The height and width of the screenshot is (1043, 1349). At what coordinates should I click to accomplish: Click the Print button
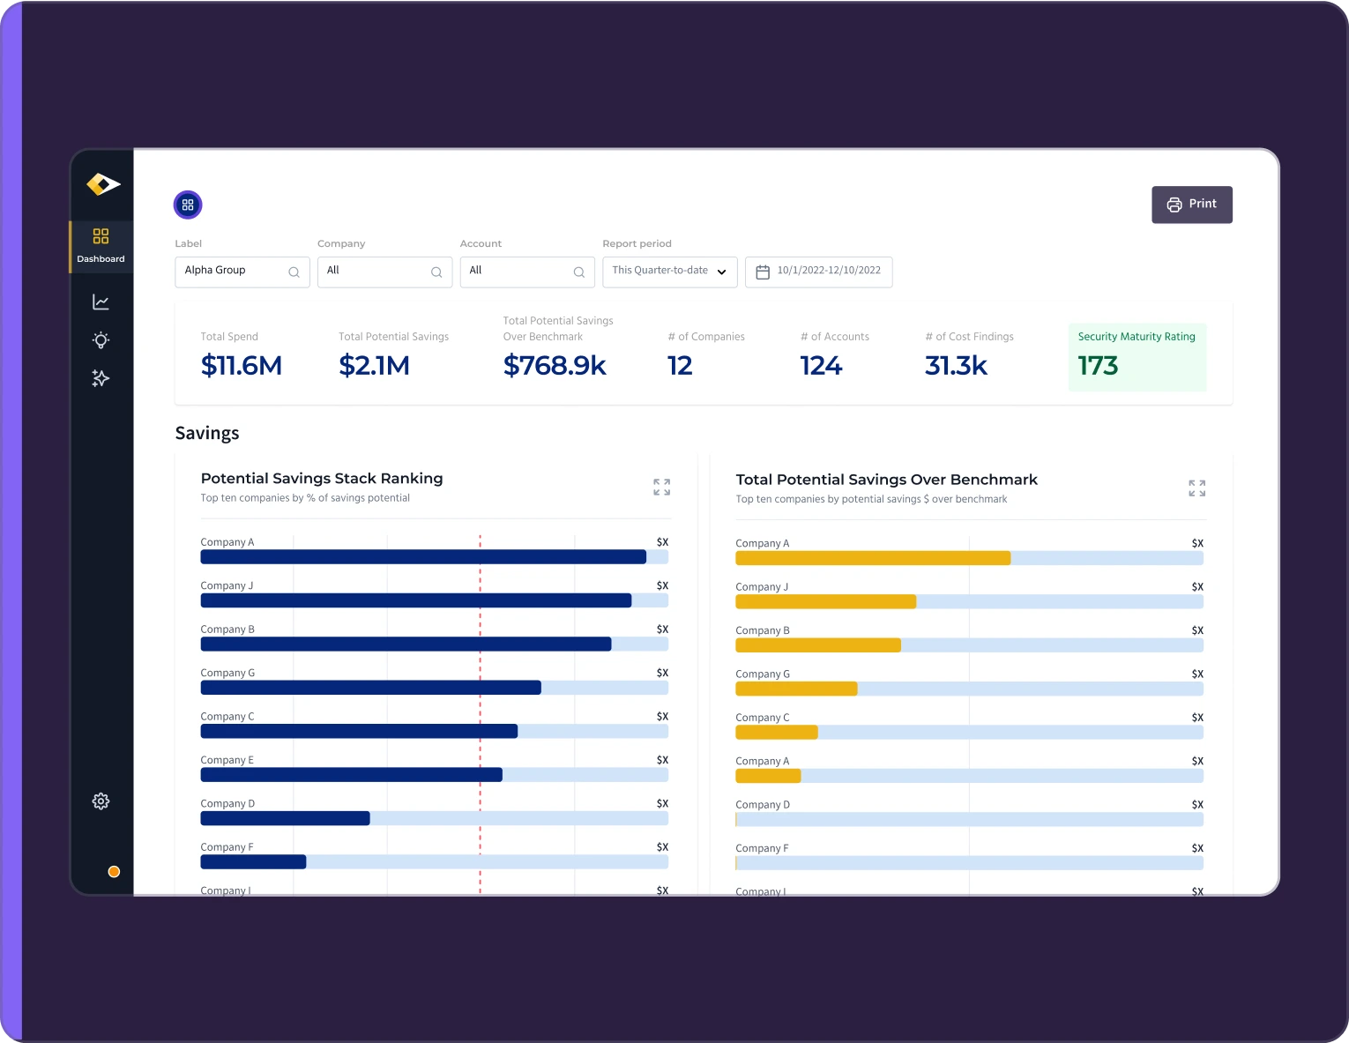pos(1191,205)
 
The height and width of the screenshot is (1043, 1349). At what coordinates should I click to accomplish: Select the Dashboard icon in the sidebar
pos(101,245)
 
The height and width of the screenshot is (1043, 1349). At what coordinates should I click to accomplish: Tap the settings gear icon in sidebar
pos(101,801)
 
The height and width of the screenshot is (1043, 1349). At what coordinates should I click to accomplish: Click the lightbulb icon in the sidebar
pos(101,340)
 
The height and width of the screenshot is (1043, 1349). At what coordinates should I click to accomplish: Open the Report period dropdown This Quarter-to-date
pos(669,272)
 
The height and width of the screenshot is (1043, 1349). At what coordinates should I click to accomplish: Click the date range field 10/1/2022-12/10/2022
pos(818,272)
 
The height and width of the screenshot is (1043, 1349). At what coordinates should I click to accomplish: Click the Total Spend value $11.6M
pos(241,366)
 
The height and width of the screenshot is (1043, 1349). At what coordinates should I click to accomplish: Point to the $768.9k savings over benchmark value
pos(554,366)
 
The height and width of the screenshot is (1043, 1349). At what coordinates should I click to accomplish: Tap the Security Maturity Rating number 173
pos(1098,366)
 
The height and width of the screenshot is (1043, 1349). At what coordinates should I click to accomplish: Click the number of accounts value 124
pos(820,366)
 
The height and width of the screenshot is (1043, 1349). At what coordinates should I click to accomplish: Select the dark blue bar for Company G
pos(370,688)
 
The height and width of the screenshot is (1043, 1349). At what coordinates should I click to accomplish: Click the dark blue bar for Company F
pos(253,861)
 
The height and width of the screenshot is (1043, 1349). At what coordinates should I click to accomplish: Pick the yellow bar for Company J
pos(825,602)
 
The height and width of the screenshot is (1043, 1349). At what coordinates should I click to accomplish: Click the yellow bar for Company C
pos(776,733)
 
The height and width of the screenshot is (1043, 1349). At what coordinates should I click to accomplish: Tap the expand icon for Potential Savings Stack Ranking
pos(661,487)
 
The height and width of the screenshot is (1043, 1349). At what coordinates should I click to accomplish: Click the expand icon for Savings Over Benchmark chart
pos(1196,488)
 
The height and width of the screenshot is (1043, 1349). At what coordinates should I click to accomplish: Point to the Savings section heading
pos(207,433)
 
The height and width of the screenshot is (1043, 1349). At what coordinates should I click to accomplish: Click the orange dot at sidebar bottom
pos(114,872)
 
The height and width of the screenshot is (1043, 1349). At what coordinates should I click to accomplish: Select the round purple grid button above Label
pos(188,205)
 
